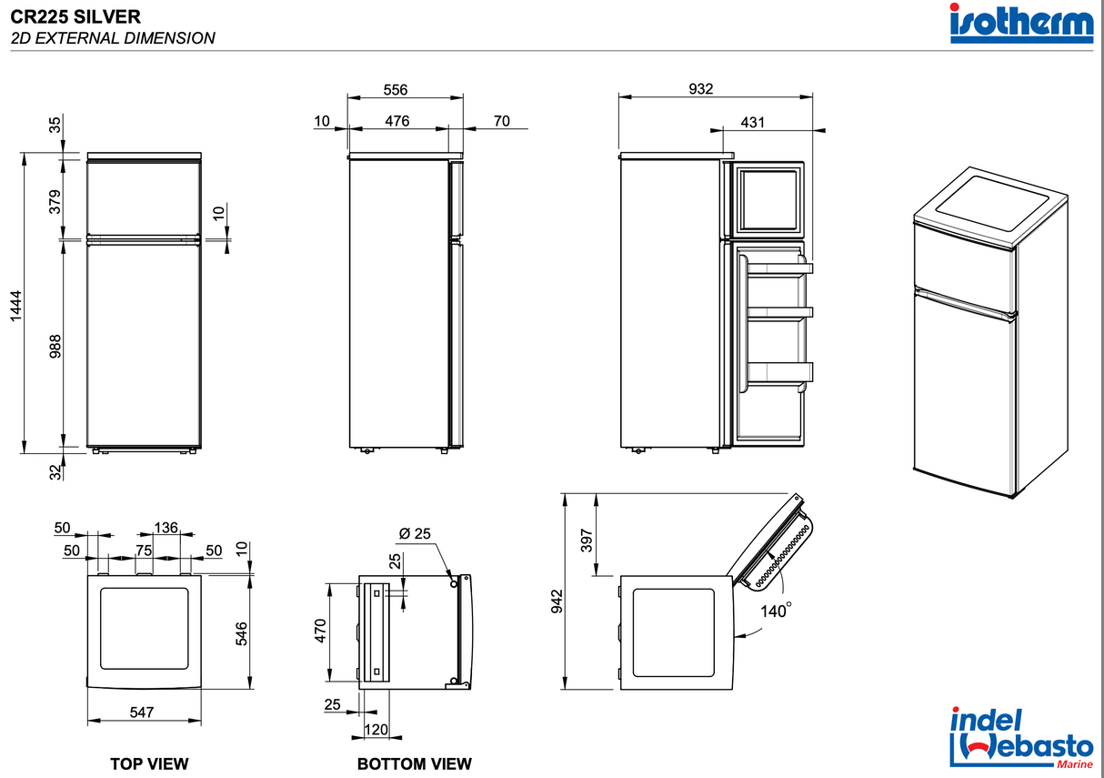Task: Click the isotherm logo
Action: pos(1021,24)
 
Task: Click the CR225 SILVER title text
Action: pos(75,16)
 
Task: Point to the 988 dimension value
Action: pos(55,346)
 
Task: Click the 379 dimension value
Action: pos(55,200)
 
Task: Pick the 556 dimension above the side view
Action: pos(395,90)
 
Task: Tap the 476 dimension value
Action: pos(396,121)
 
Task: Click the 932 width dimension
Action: pos(701,89)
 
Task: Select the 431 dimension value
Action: pos(753,121)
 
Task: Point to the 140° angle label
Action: pos(775,612)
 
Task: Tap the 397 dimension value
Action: pos(587,541)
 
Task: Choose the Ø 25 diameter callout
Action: pos(416,534)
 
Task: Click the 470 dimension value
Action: pos(320,631)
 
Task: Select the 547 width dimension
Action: pos(141,712)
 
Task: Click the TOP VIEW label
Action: pos(149,763)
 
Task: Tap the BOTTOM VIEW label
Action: pos(414,763)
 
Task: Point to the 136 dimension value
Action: pos(166,528)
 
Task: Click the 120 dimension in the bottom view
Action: pos(376,730)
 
